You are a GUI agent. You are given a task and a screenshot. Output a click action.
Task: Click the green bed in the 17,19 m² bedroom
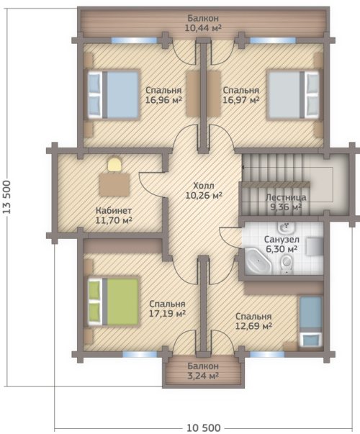[113, 302]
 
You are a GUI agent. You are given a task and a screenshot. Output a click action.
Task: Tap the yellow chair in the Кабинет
[114, 165]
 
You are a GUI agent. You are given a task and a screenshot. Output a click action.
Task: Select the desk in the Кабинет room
[114, 184]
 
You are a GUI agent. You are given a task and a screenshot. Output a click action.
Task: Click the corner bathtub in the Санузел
[258, 261]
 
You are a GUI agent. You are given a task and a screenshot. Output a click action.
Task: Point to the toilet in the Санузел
[287, 263]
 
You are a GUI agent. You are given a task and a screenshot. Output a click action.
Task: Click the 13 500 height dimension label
[7, 196]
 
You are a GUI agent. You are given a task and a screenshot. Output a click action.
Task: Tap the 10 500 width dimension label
[203, 428]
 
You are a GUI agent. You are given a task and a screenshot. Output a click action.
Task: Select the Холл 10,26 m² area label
[204, 191]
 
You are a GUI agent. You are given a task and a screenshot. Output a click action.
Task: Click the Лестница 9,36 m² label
[286, 202]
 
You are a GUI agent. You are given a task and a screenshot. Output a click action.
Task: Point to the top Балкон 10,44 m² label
[203, 23]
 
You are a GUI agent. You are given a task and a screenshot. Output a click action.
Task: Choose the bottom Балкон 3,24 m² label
[203, 371]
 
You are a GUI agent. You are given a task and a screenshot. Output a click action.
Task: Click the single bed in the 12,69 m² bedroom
[311, 322]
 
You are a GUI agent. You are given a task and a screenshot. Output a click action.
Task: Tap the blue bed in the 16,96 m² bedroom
[113, 95]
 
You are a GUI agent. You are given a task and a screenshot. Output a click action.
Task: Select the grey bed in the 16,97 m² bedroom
[293, 95]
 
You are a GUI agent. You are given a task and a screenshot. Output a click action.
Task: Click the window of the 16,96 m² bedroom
[135, 40]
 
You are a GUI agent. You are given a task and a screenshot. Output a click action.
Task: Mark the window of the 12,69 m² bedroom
[267, 355]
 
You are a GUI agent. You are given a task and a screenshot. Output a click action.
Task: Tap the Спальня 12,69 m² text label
[253, 321]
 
